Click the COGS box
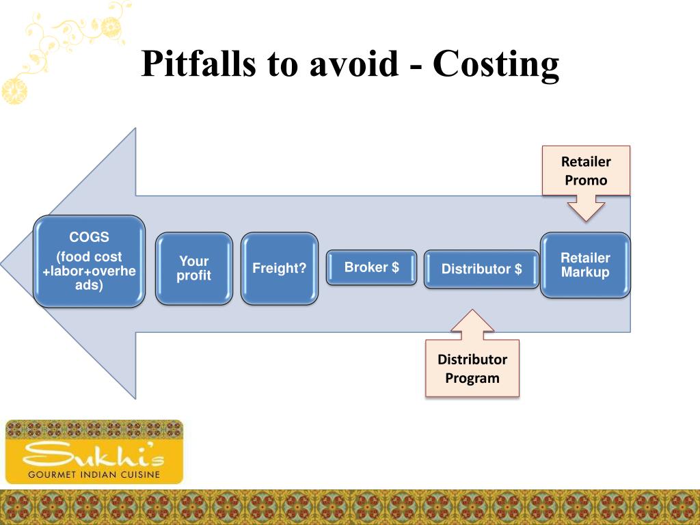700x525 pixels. tap(90, 261)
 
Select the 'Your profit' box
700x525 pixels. tap(194, 269)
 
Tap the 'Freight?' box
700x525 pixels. tap(280, 269)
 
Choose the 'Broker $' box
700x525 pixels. tap(371, 267)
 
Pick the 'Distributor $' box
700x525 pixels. tap(481, 269)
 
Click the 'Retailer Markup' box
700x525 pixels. tap(585, 265)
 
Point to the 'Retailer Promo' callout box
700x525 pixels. tap(586, 171)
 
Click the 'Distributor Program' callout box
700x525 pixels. tap(472, 368)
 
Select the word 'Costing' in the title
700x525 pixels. tap(496, 64)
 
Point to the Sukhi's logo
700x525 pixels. tap(94, 452)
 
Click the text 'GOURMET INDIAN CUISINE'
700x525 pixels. tap(94, 474)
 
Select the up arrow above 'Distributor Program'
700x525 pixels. tap(472, 325)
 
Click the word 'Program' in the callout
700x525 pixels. tap(472, 378)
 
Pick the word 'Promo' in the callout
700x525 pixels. tap(586, 180)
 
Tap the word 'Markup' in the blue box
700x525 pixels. tap(585, 272)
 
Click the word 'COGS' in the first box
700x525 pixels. tap(89, 238)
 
